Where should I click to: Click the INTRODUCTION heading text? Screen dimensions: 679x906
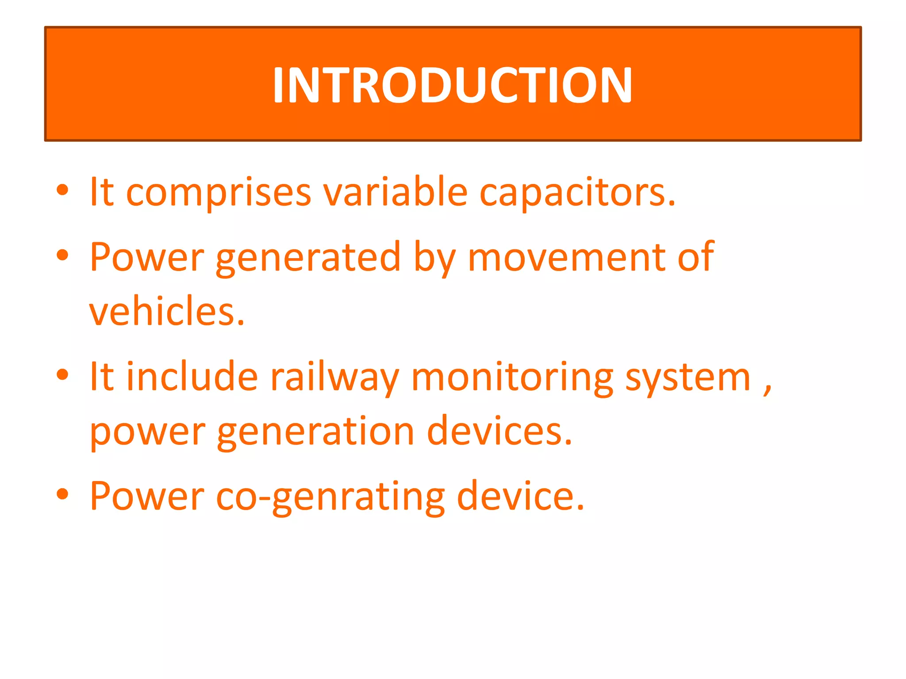click(x=452, y=85)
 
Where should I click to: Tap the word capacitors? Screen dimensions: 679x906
click(x=577, y=194)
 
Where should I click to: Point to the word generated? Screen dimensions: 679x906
click(x=308, y=258)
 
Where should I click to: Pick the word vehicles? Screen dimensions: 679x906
click(x=166, y=311)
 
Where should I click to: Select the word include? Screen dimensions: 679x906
click(x=192, y=377)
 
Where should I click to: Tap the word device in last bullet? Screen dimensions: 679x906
click(x=520, y=496)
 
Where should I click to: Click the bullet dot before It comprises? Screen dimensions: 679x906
click(x=62, y=190)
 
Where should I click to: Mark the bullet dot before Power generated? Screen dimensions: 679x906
click(x=62, y=255)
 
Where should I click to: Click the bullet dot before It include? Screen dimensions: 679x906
click(x=62, y=374)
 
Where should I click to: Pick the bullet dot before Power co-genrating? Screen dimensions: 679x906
click(x=62, y=494)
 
